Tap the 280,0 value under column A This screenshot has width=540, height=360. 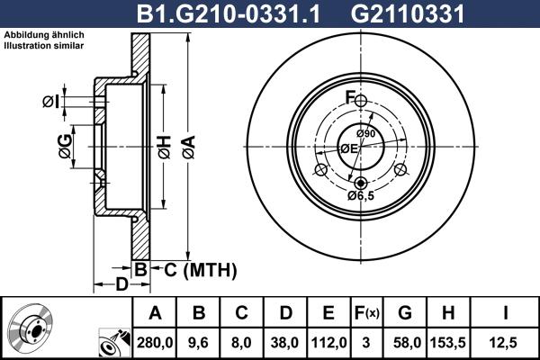pos(155,342)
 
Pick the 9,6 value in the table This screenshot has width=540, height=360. pos(200,342)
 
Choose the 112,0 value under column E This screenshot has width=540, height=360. pos(328,342)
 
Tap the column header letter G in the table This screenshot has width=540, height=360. pos(405,313)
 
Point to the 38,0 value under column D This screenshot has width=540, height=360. pos(285,342)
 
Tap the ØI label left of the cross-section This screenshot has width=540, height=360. pos(50,101)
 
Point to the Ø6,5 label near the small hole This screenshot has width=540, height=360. pos(361,195)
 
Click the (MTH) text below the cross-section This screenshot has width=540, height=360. pos(210,268)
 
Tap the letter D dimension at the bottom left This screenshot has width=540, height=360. pos(121,285)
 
